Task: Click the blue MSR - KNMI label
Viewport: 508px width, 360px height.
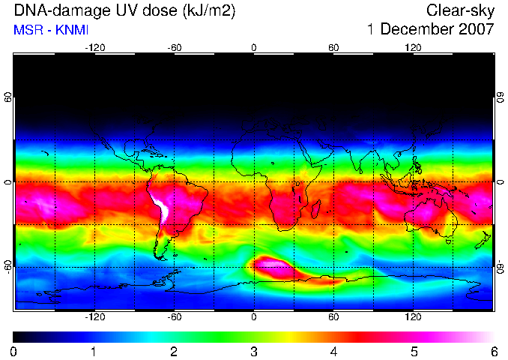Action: click(x=51, y=30)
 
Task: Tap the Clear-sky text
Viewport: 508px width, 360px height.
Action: click(x=460, y=10)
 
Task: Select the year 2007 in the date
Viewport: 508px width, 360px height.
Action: click(x=477, y=29)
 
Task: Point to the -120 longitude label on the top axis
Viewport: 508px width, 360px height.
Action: click(x=95, y=48)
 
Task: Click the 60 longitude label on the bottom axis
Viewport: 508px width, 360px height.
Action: click(x=333, y=316)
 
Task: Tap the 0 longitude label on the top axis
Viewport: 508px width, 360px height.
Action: click(x=254, y=48)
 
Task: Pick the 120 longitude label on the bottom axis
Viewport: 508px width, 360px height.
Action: click(x=413, y=316)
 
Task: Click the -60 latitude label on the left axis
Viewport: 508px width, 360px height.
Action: click(x=7, y=267)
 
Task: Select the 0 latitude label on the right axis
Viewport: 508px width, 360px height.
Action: click(x=501, y=182)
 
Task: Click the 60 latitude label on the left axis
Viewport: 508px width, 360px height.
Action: click(x=7, y=97)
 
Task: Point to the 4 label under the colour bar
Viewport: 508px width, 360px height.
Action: click(x=333, y=352)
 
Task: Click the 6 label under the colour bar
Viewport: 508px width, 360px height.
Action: click(x=494, y=352)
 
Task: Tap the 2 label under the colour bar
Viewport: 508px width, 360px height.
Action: click(x=174, y=352)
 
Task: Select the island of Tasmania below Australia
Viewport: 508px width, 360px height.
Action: click(x=448, y=241)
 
